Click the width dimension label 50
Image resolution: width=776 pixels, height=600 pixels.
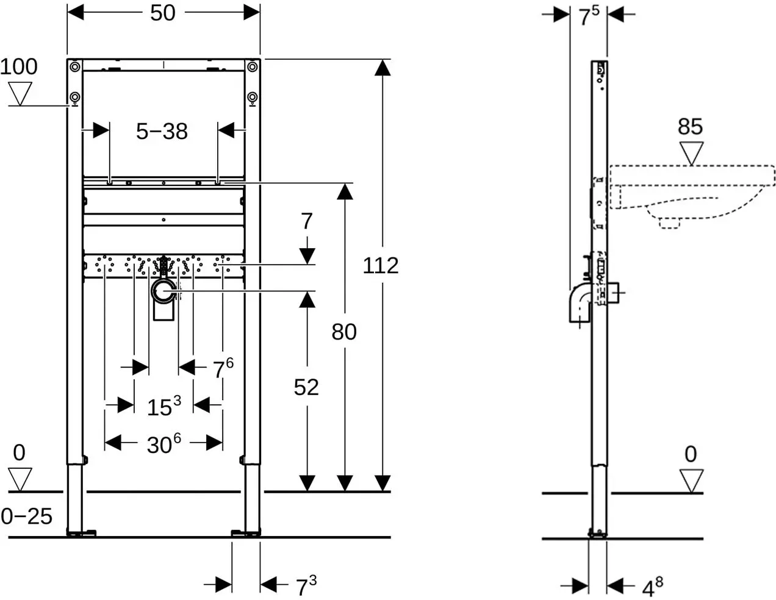point(162,13)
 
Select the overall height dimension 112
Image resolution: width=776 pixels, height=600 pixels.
point(381,266)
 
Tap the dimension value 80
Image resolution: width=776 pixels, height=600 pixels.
point(344,332)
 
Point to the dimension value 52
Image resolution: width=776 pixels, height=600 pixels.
point(306,387)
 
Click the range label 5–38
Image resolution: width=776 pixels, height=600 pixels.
point(162,131)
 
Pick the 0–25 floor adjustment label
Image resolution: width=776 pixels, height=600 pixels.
point(26,516)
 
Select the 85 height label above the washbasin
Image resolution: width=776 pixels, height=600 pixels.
point(691,126)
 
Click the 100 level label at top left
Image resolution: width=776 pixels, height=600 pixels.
point(18,66)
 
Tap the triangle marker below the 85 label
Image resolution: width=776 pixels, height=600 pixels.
point(691,154)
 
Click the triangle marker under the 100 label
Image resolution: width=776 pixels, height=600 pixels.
point(20,94)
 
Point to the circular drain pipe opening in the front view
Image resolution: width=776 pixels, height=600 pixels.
point(164,291)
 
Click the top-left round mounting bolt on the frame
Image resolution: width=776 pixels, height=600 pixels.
point(75,66)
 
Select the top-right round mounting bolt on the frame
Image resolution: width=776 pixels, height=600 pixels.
point(253,66)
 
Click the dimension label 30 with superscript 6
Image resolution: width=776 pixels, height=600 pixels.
point(164,444)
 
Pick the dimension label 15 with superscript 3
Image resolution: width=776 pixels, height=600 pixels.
point(164,406)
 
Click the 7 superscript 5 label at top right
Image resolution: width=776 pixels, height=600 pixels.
point(589,15)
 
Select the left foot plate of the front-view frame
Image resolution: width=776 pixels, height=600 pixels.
point(81,533)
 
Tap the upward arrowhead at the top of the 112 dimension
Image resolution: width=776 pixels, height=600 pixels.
point(383,68)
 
